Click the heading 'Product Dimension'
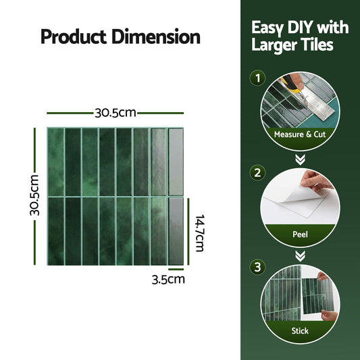(x=120, y=36)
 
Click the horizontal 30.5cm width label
(x=115, y=113)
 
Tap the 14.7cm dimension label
(x=200, y=232)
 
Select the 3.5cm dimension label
(x=168, y=278)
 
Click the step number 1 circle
(x=257, y=79)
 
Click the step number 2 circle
(x=257, y=173)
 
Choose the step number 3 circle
(x=257, y=267)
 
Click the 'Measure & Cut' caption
(x=299, y=134)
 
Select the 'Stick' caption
(x=299, y=331)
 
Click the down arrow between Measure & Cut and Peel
(x=299, y=159)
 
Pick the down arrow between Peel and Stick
(x=299, y=255)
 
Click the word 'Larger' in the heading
(x=274, y=46)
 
